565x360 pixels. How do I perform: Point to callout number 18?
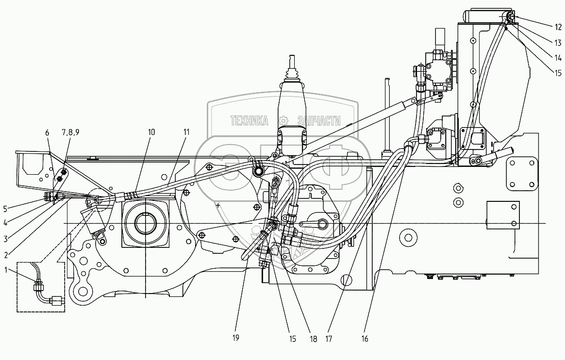(x=313, y=339)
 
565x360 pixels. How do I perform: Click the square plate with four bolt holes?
(x=521, y=175)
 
